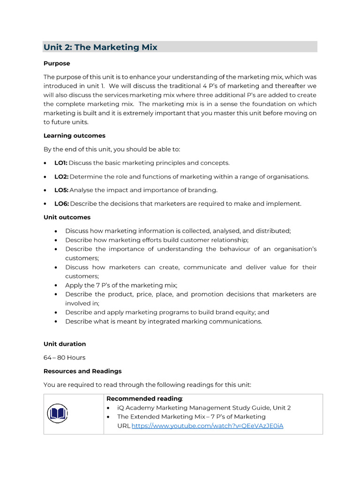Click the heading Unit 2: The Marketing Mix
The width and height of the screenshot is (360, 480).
click(100, 47)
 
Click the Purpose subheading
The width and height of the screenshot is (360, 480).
click(57, 63)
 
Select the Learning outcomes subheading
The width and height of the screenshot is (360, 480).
click(75, 135)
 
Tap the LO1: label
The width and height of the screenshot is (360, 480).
click(61, 163)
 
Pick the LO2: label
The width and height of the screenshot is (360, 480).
click(61, 177)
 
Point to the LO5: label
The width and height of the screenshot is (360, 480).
click(61, 190)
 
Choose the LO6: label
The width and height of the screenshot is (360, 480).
click(61, 204)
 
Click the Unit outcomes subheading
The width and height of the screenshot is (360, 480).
click(67, 217)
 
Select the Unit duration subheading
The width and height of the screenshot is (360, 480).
click(65, 344)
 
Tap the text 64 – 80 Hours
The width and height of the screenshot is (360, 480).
click(65, 358)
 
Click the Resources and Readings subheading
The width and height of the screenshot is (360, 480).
click(82, 371)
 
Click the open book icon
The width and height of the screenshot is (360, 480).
click(57, 413)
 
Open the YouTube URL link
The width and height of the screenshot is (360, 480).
click(207, 426)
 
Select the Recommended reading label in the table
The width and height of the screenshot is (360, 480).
click(144, 399)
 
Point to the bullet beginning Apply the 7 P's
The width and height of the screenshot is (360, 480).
click(121, 285)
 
